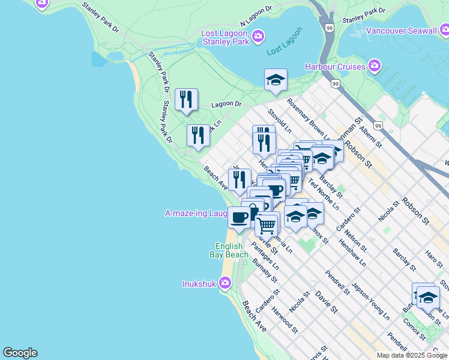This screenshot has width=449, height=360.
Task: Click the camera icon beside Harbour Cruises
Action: tap(375, 65)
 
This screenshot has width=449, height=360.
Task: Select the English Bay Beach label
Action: tap(229, 251)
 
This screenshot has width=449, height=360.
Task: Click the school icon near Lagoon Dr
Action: tap(276, 80)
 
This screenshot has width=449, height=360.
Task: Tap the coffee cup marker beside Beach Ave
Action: tap(239, 217)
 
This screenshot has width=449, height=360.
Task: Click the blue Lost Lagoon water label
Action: tap(282, 51)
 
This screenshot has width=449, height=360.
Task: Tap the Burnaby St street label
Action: tap(265, 270)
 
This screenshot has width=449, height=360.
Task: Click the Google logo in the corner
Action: tap(20, 353)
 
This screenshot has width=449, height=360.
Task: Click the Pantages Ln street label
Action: tap(265, 254)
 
